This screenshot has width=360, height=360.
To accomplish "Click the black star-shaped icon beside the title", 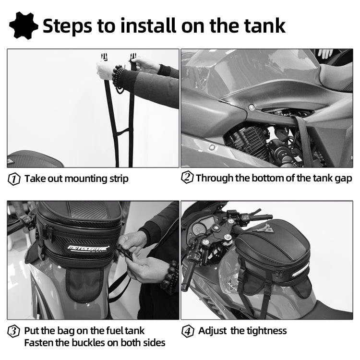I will click(24, 25).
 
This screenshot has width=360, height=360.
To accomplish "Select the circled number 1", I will click(14, 179).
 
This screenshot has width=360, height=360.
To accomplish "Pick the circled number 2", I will click(187, 178).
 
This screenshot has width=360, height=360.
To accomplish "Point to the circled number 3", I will click(14, 331).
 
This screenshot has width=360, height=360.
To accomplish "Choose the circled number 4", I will click(188, 331).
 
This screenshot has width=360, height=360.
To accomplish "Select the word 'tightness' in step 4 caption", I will click(264, 331).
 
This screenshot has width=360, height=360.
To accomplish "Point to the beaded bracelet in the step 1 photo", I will click(117, 77).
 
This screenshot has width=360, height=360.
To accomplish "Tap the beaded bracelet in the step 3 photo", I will click(170, 278).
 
